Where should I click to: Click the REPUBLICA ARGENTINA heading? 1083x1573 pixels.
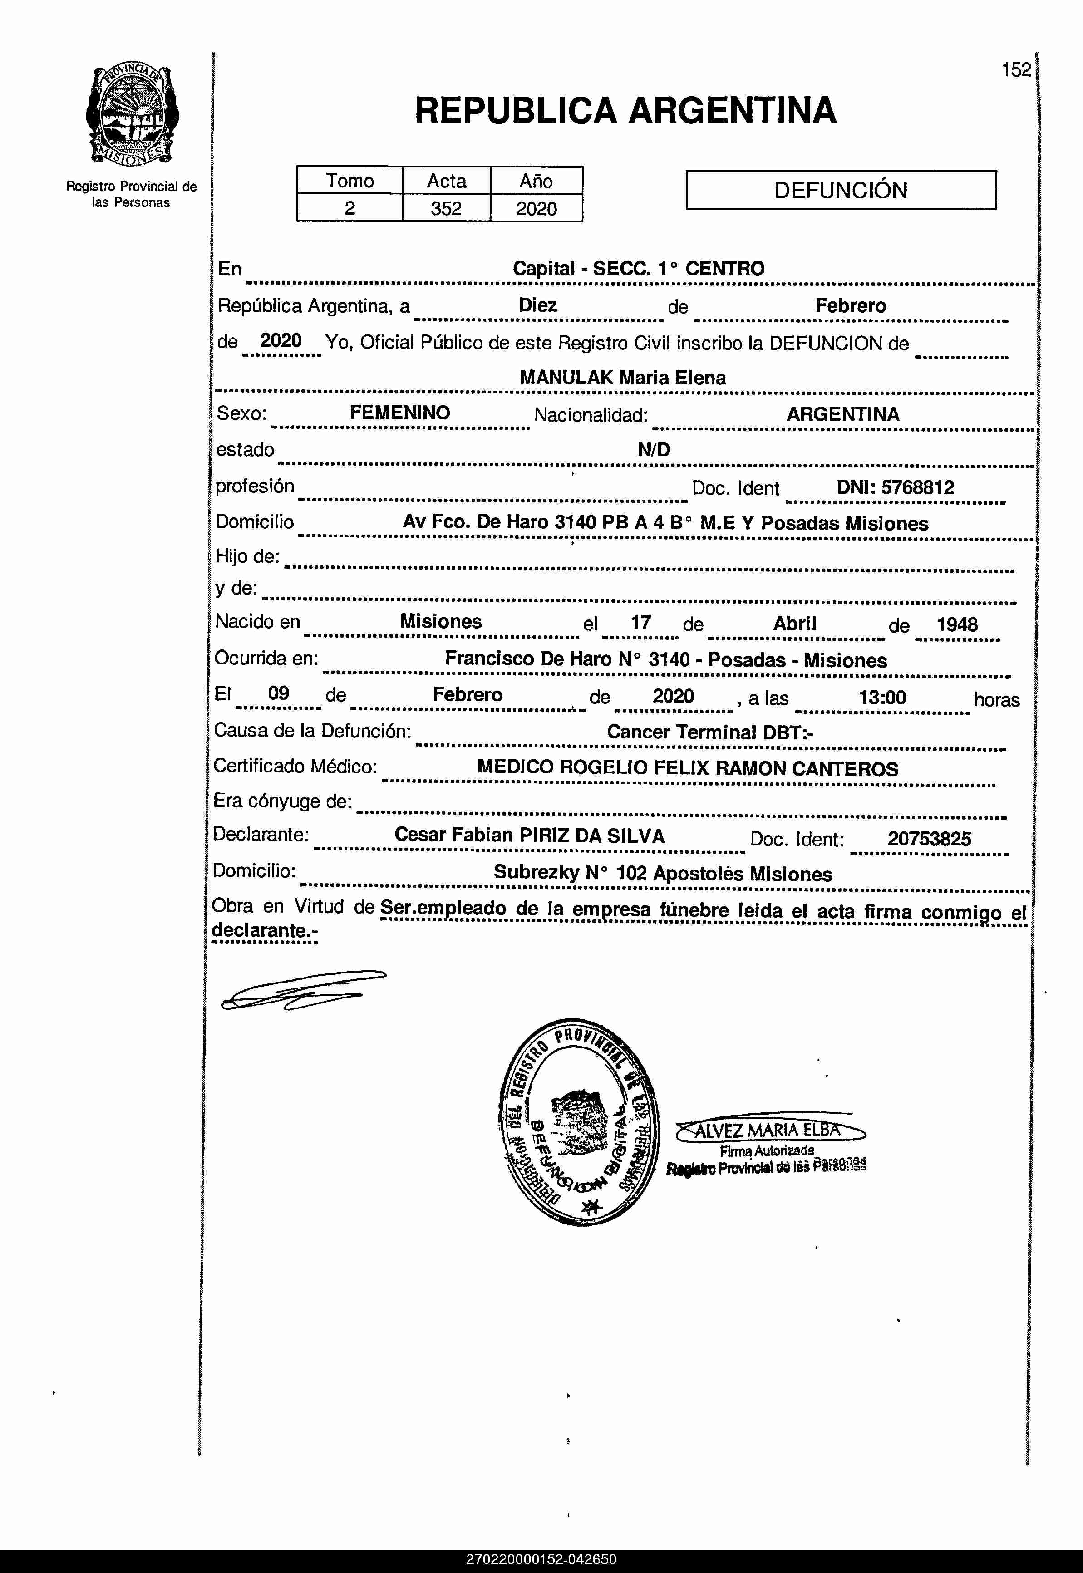625,111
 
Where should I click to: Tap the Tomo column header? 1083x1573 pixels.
350,181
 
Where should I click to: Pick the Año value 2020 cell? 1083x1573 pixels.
536,208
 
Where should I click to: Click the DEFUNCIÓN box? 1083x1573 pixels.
841,190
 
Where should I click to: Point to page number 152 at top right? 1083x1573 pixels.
1016,70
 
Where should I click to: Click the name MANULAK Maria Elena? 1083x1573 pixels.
622,377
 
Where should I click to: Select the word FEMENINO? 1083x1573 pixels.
400,413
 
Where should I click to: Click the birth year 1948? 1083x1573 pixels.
957,624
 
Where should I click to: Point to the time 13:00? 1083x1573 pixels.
882,697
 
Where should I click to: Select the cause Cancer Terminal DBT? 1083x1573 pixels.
710,732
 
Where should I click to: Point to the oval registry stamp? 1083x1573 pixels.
579,1123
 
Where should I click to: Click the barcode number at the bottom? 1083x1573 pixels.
541,1559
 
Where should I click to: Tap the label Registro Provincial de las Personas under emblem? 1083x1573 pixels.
131,194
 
